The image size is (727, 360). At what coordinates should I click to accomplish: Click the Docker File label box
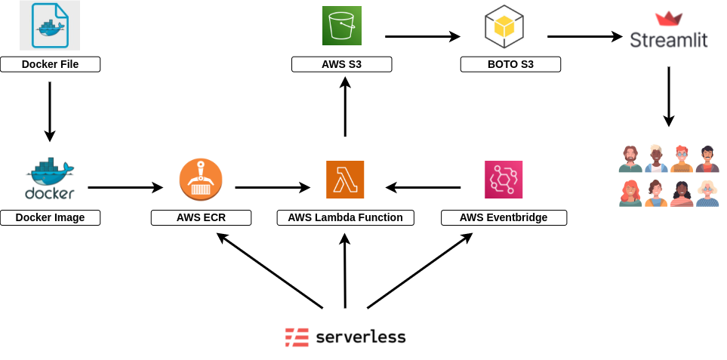click(50, 64)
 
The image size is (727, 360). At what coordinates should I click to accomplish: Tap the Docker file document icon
click(50, 26)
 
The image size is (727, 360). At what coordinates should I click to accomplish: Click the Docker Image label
click(50, 217)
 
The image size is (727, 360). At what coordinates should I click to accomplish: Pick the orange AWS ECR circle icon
click(201, 180)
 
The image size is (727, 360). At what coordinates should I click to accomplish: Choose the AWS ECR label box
click(201, 217)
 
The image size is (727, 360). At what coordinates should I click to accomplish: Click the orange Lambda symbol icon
click(345, 180)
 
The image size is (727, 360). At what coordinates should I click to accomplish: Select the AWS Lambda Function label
click(345, 217)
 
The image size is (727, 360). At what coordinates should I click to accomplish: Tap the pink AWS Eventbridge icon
click(504, 180)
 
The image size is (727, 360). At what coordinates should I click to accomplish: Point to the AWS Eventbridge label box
click(504, 217)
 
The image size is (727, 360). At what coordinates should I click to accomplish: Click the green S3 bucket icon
click(342, 26)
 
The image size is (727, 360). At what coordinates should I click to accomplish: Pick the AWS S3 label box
click(341, 64)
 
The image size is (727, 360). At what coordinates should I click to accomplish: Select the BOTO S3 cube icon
click(504, 26)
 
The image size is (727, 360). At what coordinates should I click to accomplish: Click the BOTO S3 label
click(510, 64)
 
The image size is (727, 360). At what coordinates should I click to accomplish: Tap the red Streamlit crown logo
click(668, 19)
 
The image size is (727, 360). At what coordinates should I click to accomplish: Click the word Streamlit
click(669, 39)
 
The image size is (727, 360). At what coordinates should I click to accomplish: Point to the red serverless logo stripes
click(297, 337)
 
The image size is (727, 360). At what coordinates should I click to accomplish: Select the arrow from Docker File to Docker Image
click(50, 111)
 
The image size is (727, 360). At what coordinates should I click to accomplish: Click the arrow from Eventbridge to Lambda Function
click(423, 187)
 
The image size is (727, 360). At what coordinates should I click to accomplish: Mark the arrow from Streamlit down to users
click(668, 96)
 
